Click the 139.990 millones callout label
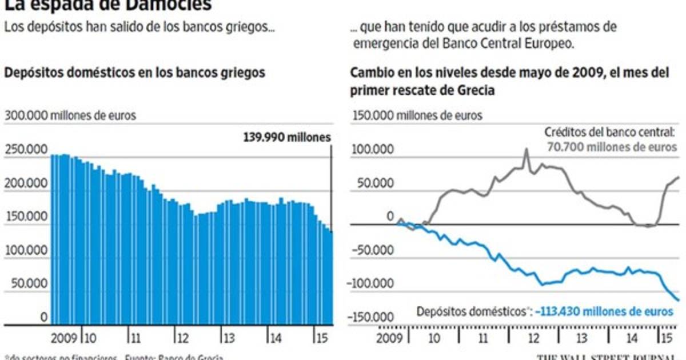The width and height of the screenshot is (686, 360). (287, 137)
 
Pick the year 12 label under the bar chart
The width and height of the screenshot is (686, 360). (182, 335)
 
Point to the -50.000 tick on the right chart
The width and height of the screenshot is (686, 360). (375, 250)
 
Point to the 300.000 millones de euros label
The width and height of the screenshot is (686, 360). (70, 115)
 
